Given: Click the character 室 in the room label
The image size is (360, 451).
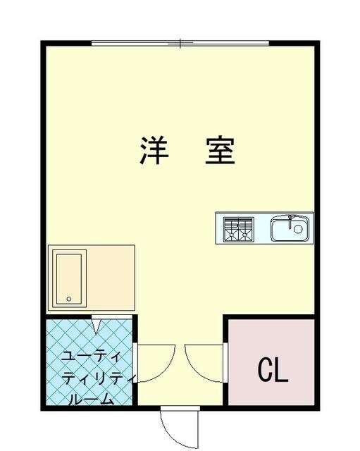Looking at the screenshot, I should click(219, 150).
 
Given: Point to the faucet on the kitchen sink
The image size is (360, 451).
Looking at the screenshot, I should click(291, 219).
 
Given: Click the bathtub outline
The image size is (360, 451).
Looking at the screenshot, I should click(70, 278).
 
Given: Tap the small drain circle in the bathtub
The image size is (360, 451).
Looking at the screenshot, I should click(69, 299).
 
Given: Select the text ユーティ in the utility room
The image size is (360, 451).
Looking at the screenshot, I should click(92, 355).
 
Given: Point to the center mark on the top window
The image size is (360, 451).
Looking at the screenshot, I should click(180, 44).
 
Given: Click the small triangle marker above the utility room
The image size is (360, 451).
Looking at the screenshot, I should click(97, 326).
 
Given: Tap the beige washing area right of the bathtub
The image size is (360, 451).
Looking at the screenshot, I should click(110, 278).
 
